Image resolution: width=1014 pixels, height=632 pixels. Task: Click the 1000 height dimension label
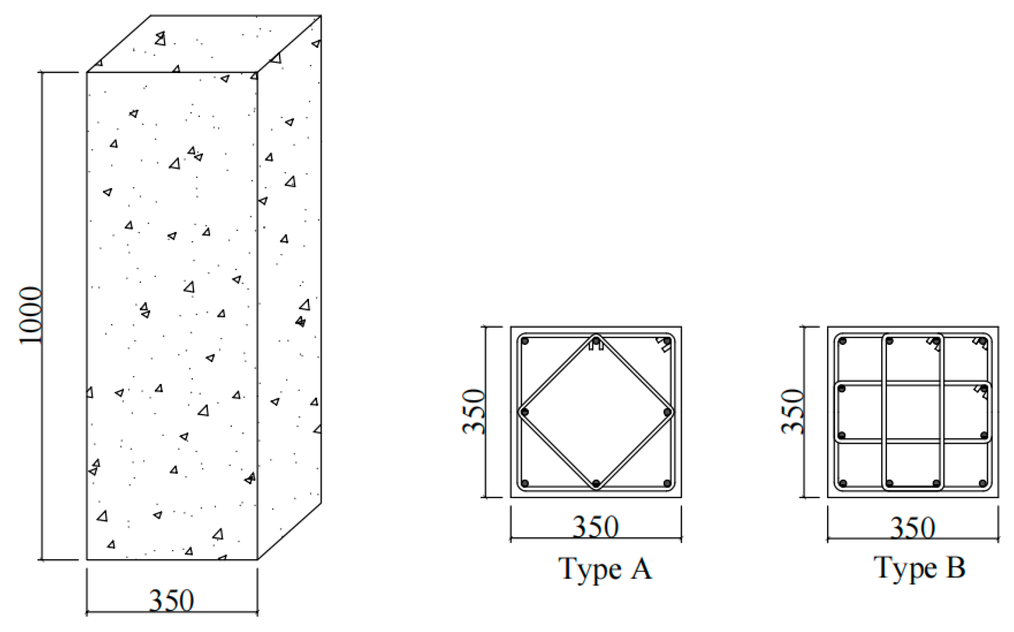click(31, 315)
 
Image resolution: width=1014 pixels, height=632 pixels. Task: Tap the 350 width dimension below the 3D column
click(172, 600)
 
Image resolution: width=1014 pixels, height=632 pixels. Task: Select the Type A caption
click(605, 569)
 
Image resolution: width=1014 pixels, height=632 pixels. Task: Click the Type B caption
click(920, 568)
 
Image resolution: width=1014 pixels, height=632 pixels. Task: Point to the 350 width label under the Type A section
click(595, 527)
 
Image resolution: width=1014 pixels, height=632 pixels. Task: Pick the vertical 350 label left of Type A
click(474, 412)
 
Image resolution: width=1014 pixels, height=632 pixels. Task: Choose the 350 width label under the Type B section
click(913, 528)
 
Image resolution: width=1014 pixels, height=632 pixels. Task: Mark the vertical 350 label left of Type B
click(792, 412)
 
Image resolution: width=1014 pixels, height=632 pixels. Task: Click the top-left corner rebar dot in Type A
click(525, 341)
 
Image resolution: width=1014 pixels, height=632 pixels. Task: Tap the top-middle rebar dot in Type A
click(596, 341)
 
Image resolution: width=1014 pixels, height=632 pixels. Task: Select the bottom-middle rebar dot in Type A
click(596, 483)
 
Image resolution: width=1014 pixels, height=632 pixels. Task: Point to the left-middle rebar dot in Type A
click(525, 412)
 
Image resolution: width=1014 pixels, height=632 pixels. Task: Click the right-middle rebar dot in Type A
click(667, 412)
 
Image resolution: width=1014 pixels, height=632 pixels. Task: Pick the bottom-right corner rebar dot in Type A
click(667, 483)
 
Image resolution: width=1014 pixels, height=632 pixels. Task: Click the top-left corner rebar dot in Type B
click(843, 341)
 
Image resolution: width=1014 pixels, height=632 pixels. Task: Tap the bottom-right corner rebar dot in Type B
click(983, 483)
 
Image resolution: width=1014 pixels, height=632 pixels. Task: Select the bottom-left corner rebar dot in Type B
click(843, 483)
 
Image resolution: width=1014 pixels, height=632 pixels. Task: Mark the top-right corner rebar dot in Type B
click(983, 341)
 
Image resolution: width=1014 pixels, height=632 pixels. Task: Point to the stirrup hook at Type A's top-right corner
click(662, 345)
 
